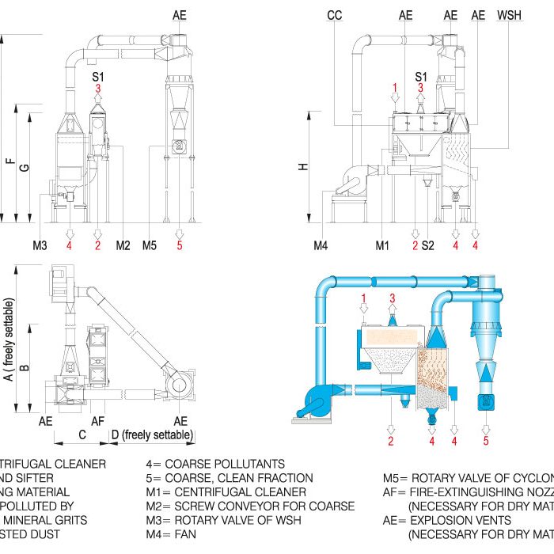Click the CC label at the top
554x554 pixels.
pyautogui.click(x=334, y=15)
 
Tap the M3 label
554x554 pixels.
pyautogui.click(x=40, y=246)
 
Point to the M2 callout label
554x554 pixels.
pyautogui.click(x=123, y=246)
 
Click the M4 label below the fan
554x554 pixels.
pyautogui.click(x=321, y=246)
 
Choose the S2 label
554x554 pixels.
pyautogui.click(x=428, y=246)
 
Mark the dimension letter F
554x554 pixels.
pyautogui.click(x=9, y=163)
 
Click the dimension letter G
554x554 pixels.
pyautogui.click(x=25, y=167)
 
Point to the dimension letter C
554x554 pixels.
pyautogui.click(x=82, y=435)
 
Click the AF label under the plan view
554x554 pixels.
pyautogui.click(x=98, y=421)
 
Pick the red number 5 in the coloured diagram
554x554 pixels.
pyautogui.click(x=487, y=441)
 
